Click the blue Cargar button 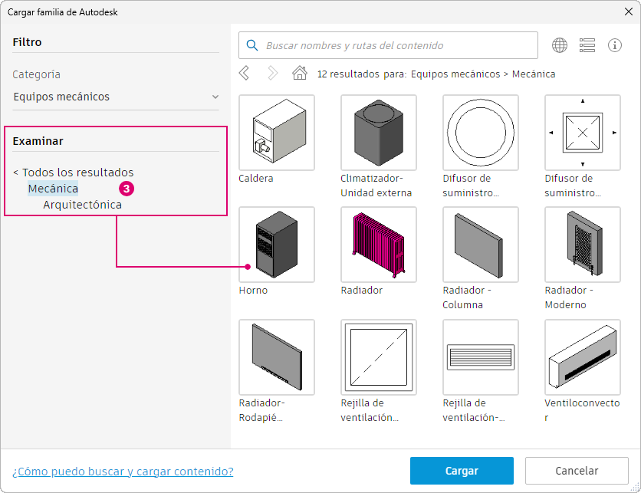point(462,471)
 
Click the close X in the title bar point(629,12)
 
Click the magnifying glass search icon point(252,45)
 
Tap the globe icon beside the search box point(560,45)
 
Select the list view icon point(587,45)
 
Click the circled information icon point(615,45)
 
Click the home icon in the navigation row point(300,73)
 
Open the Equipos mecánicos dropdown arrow point(215,97)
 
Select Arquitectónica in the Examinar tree point(83,205)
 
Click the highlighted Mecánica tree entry point(53,189)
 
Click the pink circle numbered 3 point(127,189)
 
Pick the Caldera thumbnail point(277,133)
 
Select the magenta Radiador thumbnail point(379,245)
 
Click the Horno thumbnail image point(277,245)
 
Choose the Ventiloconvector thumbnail point(583,357)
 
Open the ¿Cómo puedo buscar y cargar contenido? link point(123,472)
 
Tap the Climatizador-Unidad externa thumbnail point(379,133)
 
